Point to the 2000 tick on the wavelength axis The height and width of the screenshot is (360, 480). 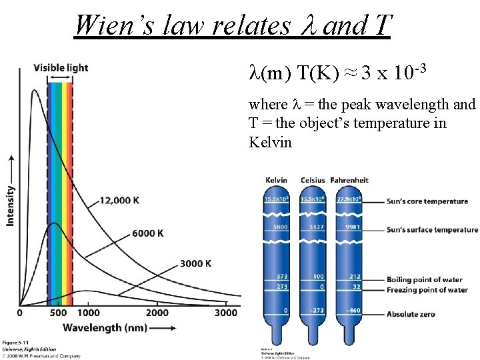click(157, 313)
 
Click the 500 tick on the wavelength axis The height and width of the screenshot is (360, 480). click(58, 313)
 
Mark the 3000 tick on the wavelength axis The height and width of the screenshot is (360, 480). click(226, 313)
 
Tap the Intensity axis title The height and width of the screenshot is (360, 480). click(11, 205)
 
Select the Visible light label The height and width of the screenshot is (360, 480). click(61, 68)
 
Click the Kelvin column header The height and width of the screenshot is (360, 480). click(276, 180)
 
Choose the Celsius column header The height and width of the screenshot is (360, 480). click(313, 180)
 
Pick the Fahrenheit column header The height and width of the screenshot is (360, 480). click(351, 180)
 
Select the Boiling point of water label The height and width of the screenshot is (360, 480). click(429, 280)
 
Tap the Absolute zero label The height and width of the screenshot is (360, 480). click(414, 311)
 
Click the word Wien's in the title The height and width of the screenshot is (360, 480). click(106, 25)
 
